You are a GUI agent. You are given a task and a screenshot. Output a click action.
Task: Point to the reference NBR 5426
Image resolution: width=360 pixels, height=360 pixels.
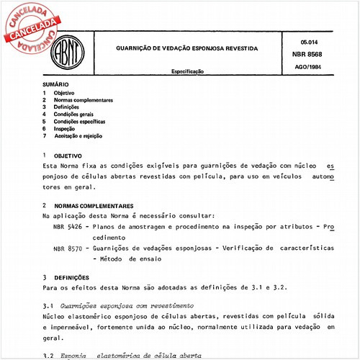coord(68,225)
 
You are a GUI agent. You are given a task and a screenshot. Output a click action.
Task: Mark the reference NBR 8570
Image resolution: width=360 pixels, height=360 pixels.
coord(68,248)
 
